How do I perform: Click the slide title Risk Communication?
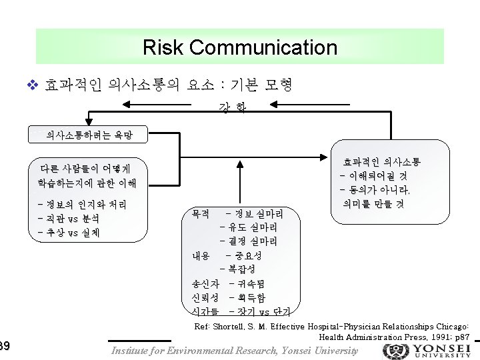[x=239, y=47]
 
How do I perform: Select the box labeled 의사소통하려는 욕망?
[x=89, y=135]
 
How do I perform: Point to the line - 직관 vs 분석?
[x=69, y=219]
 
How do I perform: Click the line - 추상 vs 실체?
[x=69, y=233]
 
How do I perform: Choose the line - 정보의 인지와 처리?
[x=83, y=205]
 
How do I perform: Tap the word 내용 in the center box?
[x=201, y=256]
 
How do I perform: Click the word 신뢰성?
[x=205, y=298]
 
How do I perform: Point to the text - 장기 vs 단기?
[x=263, y=311]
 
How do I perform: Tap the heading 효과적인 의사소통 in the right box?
[x=382, y=162]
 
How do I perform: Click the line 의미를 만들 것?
[x=373, y=204]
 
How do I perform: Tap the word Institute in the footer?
[x=131, y=351]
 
